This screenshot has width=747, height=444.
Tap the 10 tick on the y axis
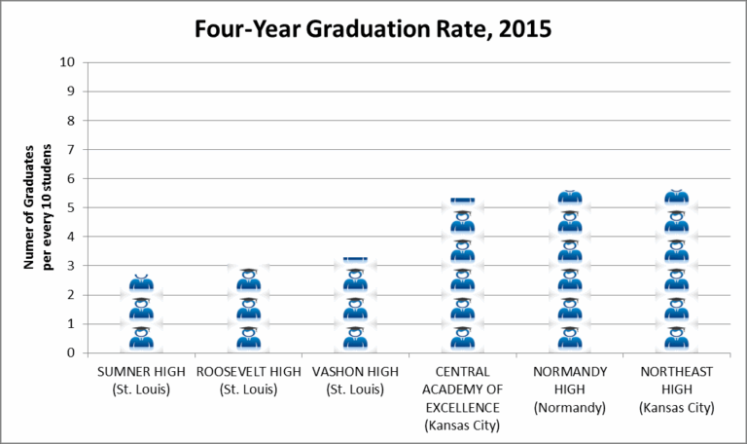[x=67, y=62]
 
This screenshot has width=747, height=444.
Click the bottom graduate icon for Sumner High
[x=142, y=338]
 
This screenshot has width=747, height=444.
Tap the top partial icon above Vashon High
[x=356, y=259]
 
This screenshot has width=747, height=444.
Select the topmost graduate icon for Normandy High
[x=570, y=198]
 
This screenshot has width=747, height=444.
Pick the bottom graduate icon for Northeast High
[x=677, y=338]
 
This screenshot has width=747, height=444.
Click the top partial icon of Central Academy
[x=463, y=201]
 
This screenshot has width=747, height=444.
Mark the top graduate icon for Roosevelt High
[x=249, y=279]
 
